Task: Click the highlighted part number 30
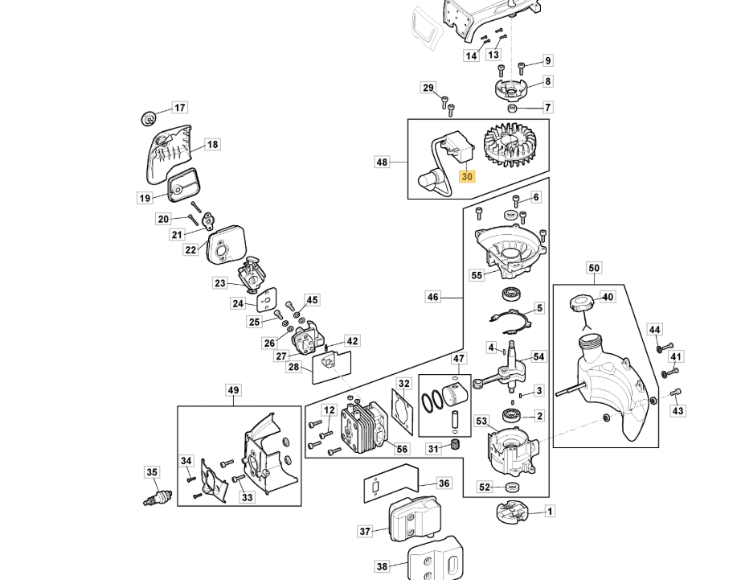click(x=468, y=176)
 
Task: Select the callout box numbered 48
click(x=382, y=162)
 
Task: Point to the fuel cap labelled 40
click(x=580, y=305)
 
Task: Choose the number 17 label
click(x=179, y=107)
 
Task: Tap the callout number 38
click(x=382, y=566)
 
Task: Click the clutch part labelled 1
click(x=510, y=511)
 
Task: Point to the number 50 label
click(x=594, y=268)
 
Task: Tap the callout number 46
click(x=433, y=297)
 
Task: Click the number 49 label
click(x=233, y=391)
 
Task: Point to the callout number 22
click(x=190, y=249)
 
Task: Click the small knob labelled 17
click(x=148, y=117)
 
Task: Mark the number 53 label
click(x=481, y=420)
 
